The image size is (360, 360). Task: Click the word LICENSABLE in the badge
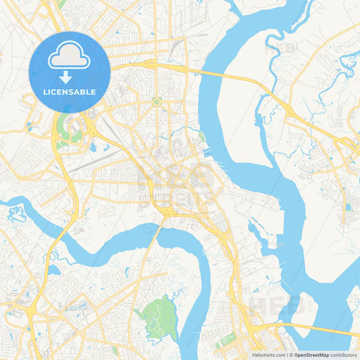coord(70,92)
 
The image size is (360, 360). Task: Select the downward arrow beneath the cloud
coord(66,77)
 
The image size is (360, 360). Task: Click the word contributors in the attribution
coord(344,355)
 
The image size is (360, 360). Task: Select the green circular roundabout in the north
coord(157,102)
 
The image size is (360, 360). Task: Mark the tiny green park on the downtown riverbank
coord(202,137)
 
